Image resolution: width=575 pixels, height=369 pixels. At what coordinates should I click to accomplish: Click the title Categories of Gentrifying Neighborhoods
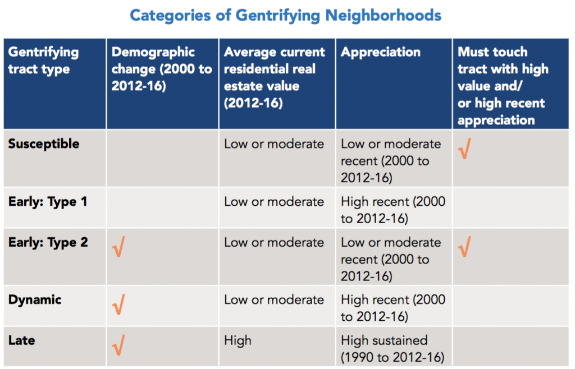[285, 15]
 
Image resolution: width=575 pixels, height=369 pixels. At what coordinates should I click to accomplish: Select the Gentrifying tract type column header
[43, 61]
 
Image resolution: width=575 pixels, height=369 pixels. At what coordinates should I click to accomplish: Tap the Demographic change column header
[162, 69]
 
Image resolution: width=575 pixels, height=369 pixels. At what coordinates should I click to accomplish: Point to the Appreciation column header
[381, 52]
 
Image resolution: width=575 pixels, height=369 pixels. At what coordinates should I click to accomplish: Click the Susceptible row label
[44, 144]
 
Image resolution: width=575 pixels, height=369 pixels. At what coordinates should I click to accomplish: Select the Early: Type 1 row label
[48, 201]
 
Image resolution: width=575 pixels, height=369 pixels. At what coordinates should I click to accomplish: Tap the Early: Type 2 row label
[48, 242]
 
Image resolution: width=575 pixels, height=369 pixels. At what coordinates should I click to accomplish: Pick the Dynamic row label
[35, 299]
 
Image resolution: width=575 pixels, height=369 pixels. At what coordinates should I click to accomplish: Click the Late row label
[22, 340]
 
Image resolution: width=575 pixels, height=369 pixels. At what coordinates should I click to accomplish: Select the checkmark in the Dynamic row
[118, 306]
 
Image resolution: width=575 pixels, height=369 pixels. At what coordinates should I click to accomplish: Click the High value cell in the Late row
[238, 340]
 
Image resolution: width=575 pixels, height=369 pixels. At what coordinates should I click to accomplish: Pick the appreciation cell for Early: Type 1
[393, 210]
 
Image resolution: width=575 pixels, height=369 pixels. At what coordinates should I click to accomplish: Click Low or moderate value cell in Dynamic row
[274, 299]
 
